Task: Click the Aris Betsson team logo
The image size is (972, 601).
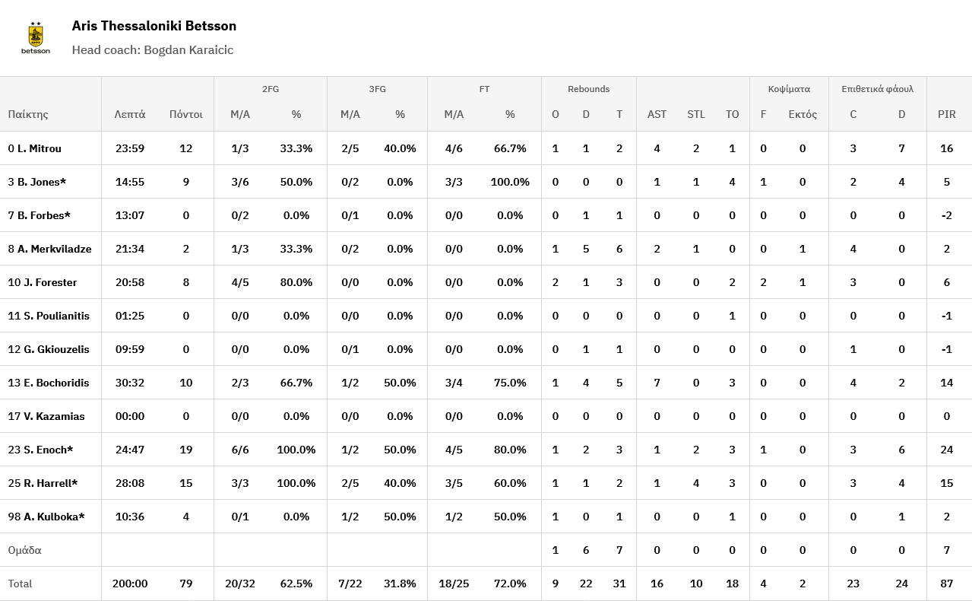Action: [x=36, y=38]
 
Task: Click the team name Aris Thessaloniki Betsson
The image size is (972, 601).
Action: [x=154, y=26]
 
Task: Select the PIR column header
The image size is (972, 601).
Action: [x=946, y=114]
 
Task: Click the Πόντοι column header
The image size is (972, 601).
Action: [x=185, y=114]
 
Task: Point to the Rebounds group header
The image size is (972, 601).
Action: [x=588, y=89]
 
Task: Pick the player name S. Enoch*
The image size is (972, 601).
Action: [x=48, y=450]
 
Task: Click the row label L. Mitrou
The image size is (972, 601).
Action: [x=39, y=148]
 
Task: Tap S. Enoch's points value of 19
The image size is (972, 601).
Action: [x=185, y=450]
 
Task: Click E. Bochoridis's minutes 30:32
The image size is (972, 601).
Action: [x=130, y=383]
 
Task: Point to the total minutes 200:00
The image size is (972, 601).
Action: [x=130, y=584]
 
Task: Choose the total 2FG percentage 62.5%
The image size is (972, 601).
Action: [x=296, y=584]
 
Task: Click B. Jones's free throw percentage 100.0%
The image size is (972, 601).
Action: [x=509, y=182]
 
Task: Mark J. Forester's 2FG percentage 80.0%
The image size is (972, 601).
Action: [x=296, y=282]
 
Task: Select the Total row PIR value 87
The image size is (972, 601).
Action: [x=946, y=584]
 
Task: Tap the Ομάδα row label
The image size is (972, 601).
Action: [x=24, y=550]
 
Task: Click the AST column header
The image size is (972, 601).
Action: [x=657, y=114]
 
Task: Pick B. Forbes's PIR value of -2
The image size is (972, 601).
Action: [x=946, y=215]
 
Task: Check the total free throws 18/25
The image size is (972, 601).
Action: [x=454, y=584]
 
